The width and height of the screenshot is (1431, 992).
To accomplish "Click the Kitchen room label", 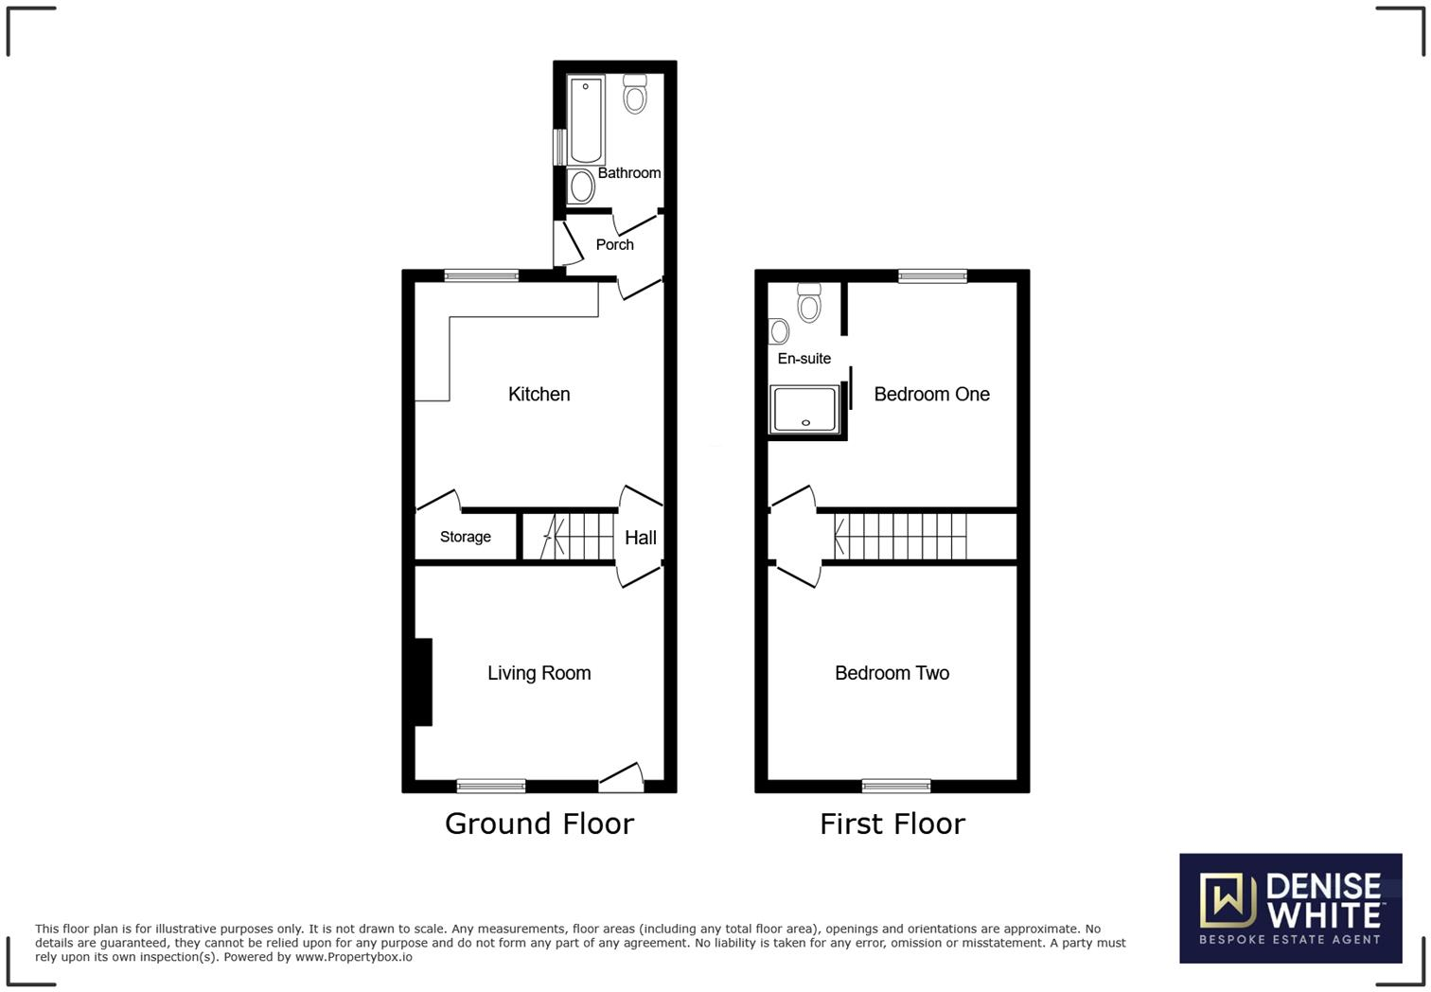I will pos(539,394).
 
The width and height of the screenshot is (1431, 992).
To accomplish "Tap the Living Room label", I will pos(539,673).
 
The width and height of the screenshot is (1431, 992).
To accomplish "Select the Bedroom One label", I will pos(931,394).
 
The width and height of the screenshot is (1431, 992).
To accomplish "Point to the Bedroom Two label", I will pos(892,673).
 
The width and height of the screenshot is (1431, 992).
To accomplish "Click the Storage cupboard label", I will pos(465,537).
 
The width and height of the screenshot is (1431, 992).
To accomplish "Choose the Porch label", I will pos(614,244).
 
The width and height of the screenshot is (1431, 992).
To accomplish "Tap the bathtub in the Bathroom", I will pos(586,119).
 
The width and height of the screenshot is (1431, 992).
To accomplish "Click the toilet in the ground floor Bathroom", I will pos(635,94).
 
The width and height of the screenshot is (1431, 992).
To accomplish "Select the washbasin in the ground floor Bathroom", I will pos(581,186).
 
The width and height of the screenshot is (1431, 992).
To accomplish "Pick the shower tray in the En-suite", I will pos(805,409).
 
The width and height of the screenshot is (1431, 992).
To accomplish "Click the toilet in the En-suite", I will pos(808,302).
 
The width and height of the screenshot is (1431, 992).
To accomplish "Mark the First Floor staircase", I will pos(899,537).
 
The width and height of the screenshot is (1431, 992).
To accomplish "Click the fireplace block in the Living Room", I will pos(423,682).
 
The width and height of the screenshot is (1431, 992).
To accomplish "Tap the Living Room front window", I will pos(490,786).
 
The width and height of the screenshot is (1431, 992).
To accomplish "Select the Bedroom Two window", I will pos(895,786).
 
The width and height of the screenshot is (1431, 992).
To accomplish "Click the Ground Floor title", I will pos(539,824).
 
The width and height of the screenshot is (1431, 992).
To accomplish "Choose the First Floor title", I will pos(892,824).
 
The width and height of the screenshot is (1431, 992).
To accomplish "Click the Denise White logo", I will pos(1290,908).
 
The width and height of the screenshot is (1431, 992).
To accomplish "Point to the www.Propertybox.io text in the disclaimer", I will pos(353,957).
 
